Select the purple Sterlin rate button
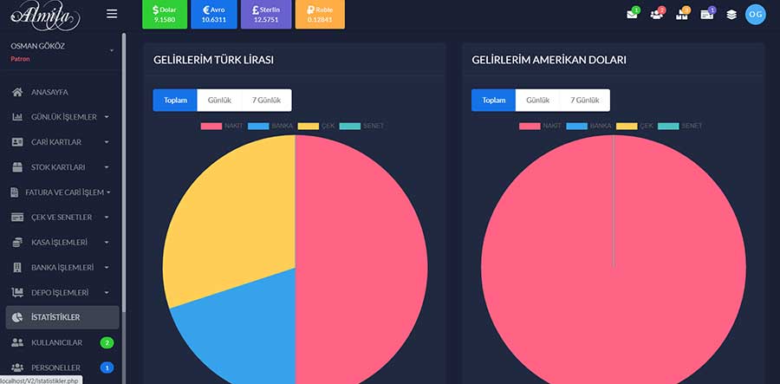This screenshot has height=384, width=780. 266,14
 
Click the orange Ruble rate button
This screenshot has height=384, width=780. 320,14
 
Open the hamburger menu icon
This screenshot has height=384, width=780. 111,14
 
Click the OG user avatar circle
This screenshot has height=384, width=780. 756,14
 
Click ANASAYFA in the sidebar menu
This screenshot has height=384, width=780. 49,92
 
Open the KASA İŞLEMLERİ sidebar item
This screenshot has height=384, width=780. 60,242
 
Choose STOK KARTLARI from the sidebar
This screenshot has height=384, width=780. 58,166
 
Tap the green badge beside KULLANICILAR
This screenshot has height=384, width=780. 107,342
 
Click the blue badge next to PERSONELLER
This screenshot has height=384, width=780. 107,368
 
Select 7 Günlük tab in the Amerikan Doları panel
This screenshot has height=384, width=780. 584,100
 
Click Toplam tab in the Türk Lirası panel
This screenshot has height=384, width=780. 175,100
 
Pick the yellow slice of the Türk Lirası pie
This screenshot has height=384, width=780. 225,217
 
